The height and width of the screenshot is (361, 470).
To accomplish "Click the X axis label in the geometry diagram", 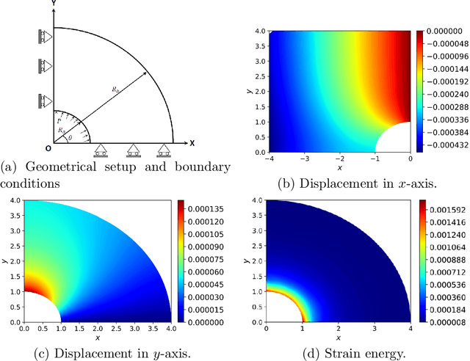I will coord(192,142).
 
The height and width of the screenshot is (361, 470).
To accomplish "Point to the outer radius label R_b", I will coord(116,89).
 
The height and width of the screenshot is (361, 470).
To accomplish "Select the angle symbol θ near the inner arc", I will coord(70,137).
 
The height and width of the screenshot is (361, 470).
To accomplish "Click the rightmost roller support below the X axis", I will coord(165,150).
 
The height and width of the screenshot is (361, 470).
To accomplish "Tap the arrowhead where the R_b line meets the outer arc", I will coord(145,73).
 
